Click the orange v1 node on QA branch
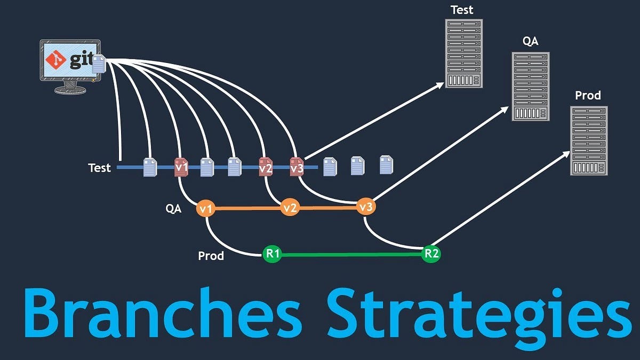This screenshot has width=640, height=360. click(x=205, y=208)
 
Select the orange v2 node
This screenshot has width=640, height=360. click(x=290, y=208)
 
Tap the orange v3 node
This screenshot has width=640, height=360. click(x=366, y=207)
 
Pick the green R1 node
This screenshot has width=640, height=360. click(x=273, y=254)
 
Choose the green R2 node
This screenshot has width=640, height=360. click(x=431, y=254)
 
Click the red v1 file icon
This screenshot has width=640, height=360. click(x=181, y=167)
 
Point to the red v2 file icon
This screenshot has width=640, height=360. click(x=266, y=167)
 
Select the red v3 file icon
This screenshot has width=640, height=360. click(x=297, y=167)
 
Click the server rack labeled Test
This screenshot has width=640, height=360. click(x=464, y=53)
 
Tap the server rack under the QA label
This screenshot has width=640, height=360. click(x=531, y=86)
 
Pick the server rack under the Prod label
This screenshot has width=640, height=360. click(x=589, y=140)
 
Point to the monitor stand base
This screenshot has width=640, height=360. click(x=70, y=90)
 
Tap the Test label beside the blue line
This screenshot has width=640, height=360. click(x=100, y=168)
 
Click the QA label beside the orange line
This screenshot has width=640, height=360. click(x=173, y=209)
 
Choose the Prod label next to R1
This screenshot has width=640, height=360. click(x=211, y=256)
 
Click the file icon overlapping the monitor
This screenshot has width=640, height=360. click(x=99, y=65)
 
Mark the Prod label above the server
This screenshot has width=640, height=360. click(x=588, y=96)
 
